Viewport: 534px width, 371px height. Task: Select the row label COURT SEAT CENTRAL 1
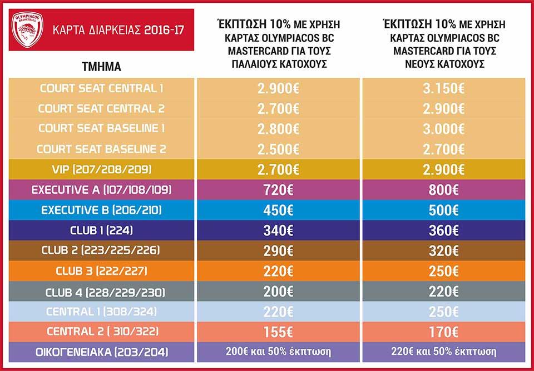[101, 88]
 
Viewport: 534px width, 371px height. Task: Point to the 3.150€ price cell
[443, 88]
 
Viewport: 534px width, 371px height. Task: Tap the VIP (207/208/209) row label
[101, 169]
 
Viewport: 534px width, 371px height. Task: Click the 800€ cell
[443, 190]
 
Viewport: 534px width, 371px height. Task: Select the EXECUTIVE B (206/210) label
[101, 210]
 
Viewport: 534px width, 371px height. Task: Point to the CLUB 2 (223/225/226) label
[101, 250]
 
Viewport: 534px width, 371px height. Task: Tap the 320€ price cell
[443, 250]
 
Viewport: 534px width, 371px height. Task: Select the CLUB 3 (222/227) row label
[101, 271]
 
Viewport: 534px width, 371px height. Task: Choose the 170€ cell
[443, 332]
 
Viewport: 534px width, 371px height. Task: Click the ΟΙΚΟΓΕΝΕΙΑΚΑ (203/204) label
[101, 352]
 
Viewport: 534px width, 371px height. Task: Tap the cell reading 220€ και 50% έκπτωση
[443, 352]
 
